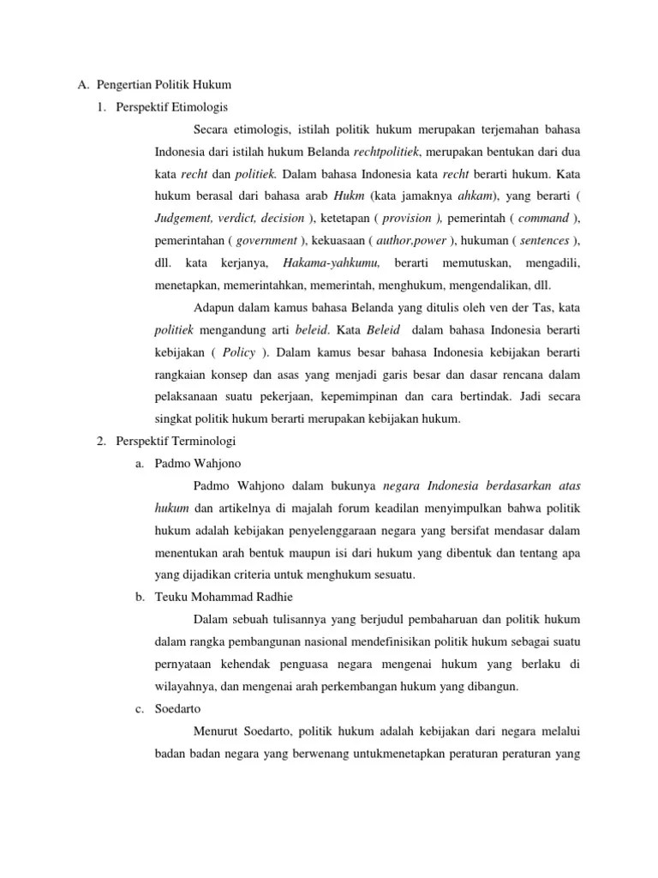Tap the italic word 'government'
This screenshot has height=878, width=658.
tap(266, 240)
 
